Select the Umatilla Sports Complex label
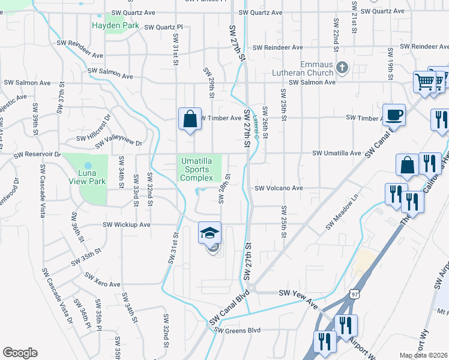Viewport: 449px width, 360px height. tap(197, 169)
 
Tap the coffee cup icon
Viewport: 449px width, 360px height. tap(394, 114)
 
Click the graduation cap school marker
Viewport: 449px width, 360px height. tap(210, 233)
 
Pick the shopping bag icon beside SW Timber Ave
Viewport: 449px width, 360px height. tap(190, 118)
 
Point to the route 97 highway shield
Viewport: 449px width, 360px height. tap(355, 294)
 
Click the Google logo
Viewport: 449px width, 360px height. tap(20, 352)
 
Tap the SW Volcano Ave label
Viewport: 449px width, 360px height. tap(279, 188)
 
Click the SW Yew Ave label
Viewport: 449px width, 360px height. tap(298, 293)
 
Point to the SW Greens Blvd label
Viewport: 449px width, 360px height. tap(238, 330)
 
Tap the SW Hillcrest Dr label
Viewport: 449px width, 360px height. tap(93, 127)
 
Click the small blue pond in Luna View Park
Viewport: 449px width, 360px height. tap(88, 165)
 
